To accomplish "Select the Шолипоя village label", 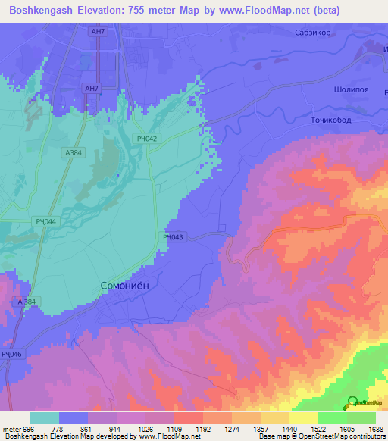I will [351, 89].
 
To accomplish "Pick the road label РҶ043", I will [173, 237].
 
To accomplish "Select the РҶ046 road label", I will [11, 354].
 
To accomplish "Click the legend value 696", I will [29, 428].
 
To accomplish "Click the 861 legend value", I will [86, 428].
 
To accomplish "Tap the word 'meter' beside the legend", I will [11, 428].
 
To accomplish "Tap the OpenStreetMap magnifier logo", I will [352, 402].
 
